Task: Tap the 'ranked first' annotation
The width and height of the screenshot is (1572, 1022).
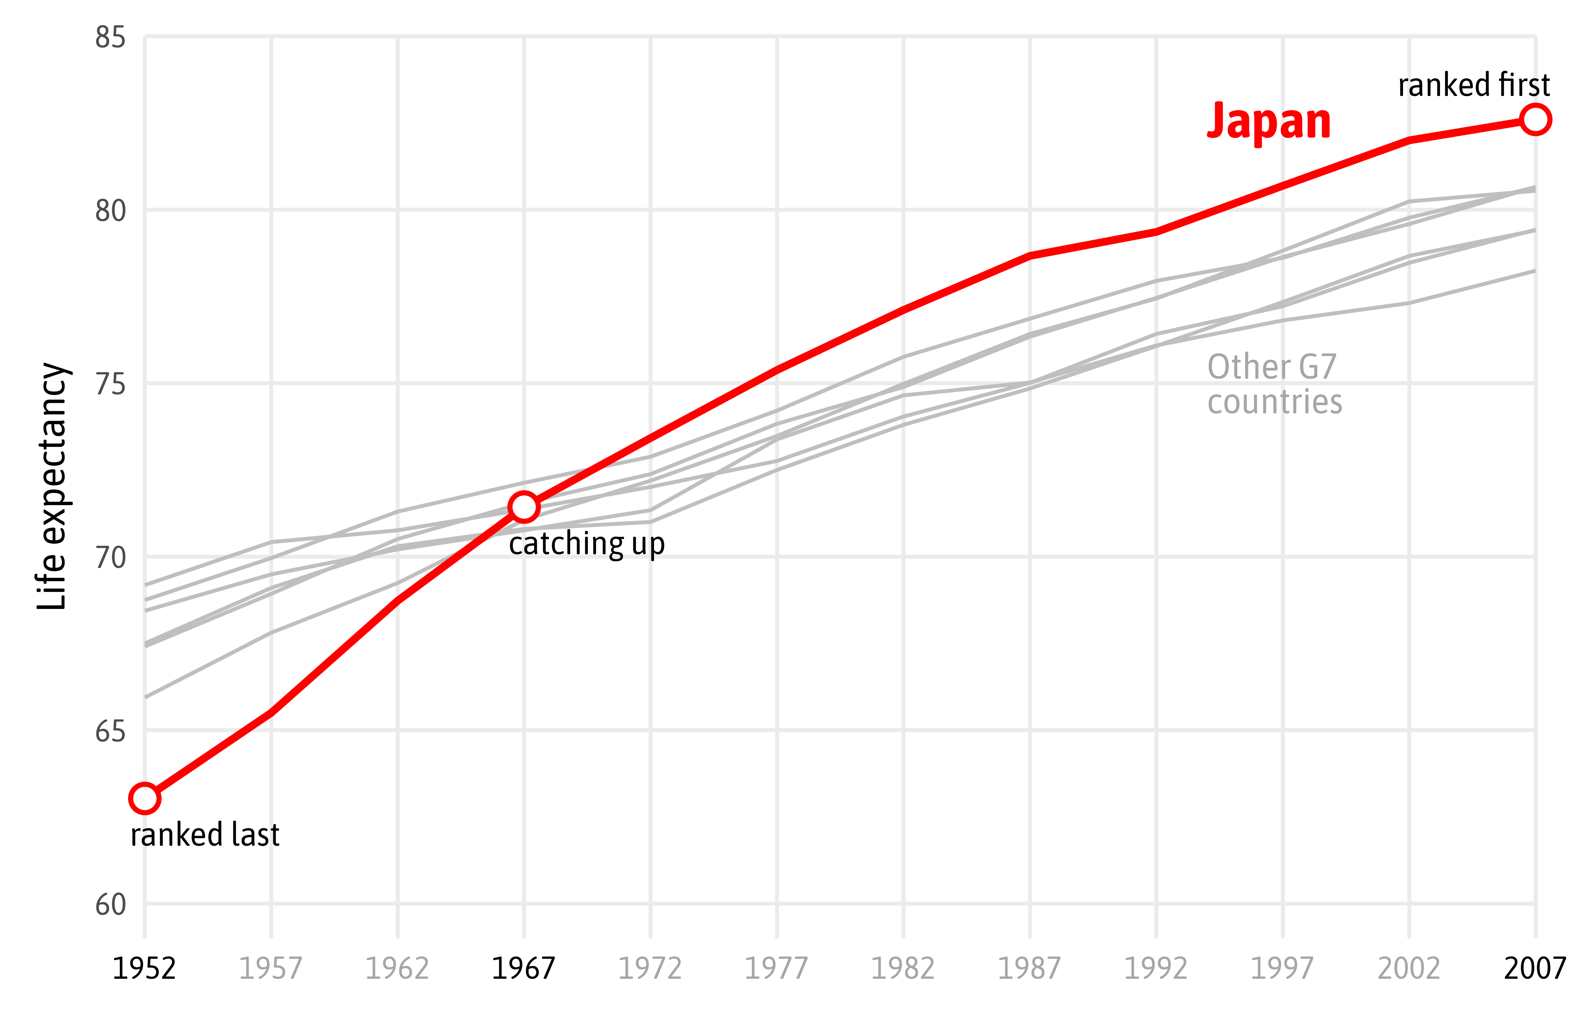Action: pyautogui.click(x=1473, y=85)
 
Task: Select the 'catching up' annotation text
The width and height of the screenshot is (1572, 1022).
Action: pyautogui.click(x=587, y=544)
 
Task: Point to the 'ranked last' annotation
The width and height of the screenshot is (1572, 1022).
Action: pyautogui.click(x=205, y=834)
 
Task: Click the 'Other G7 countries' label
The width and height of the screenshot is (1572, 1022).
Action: pyautogui.click(x=1274, y=384)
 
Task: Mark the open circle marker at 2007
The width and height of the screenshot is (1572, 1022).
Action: pyautogui.click(x=1535, y=120)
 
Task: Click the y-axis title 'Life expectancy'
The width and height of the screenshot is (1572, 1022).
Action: pyautogui.click(x=53, y=485)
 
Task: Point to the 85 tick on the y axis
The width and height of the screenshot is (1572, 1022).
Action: pyautogui.click(x=110, y=38)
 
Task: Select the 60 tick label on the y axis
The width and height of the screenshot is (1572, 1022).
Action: pyautogui.click(x=110, y=904)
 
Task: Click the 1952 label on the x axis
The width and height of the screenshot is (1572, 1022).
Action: pyautogui.click(x=144, y=969)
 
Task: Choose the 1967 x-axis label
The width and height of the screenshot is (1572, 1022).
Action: pyautogui.click(x=523, y=969)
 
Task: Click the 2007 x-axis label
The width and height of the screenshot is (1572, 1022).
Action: pyautogui.click(x=1535, y=969)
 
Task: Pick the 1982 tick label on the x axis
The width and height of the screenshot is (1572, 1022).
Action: pyautogui.click(x=903, y=969)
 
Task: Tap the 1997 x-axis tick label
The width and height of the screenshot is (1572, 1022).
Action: pyautogui.click(x=1282, y=969)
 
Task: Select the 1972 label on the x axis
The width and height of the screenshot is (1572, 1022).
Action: pyautogui.click(x=650, y=969)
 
